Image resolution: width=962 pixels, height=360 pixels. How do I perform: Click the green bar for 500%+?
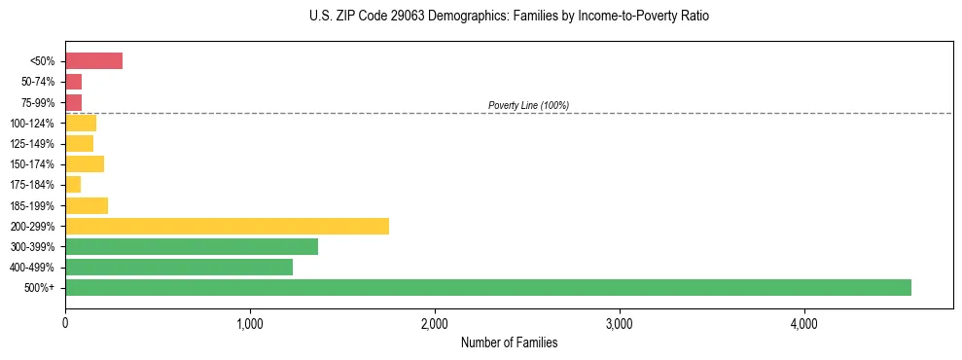coord(487,287)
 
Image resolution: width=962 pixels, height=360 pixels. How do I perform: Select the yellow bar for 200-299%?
coord(227,226)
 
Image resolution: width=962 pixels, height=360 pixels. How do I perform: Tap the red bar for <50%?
coord(93,61)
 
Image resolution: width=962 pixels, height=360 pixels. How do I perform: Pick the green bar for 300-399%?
coord(192,246)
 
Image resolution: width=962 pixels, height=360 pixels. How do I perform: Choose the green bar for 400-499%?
coord(179,267)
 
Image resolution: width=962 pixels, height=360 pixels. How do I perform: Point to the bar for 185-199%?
coord(87,205)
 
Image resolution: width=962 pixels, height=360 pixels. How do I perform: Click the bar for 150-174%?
coord(85,164)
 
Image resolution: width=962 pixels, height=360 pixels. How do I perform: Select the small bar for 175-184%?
coord(73,185)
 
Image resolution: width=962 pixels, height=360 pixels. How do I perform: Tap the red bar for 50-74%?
coord(74,82)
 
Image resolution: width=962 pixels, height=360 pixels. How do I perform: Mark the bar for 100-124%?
coord(81,124)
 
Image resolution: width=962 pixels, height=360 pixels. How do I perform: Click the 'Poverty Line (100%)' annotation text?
coord(528,105)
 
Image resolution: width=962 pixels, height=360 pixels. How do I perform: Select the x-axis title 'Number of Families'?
coord(509,342)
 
